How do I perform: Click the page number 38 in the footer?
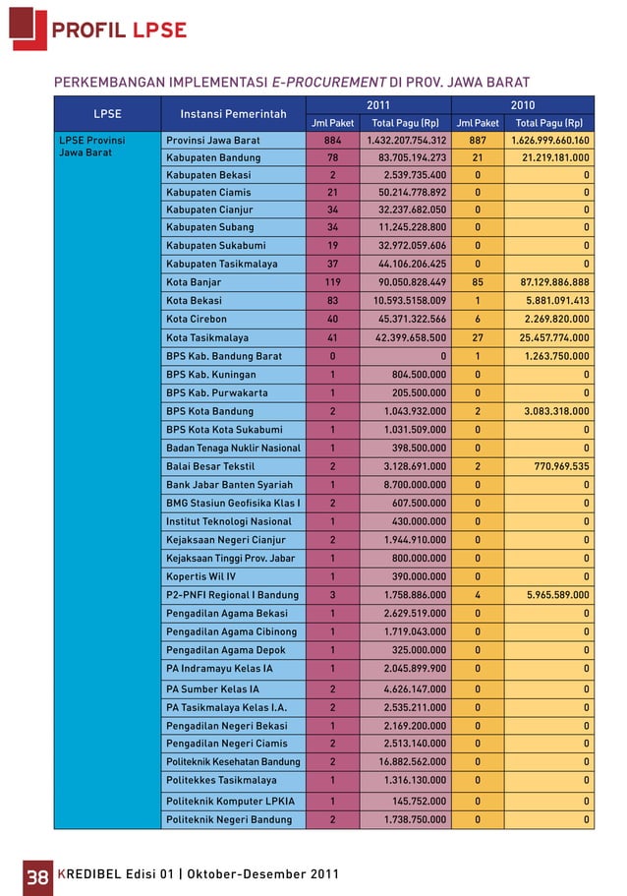pyautogui.click(x=36, y=874)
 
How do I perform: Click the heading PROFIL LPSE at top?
pyautogui.click(x=119, y=30)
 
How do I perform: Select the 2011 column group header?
pyautogui.click(x=376, y=104)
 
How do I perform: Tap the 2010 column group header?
pyautogui.click(x=522, y=104)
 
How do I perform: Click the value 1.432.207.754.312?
pyautogui.click(x=407, y=141)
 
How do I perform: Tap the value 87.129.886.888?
pyautogui.click(x=547, y=282)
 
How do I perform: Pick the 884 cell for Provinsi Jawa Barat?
pyautogui.click(x=332, y=141)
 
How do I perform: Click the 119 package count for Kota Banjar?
pyautogui.click(x=332, y=282)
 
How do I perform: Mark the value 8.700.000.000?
pyautogui.click(x=415, y=485)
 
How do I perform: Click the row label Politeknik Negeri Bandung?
pyautogui.click(x=230, y=819)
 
